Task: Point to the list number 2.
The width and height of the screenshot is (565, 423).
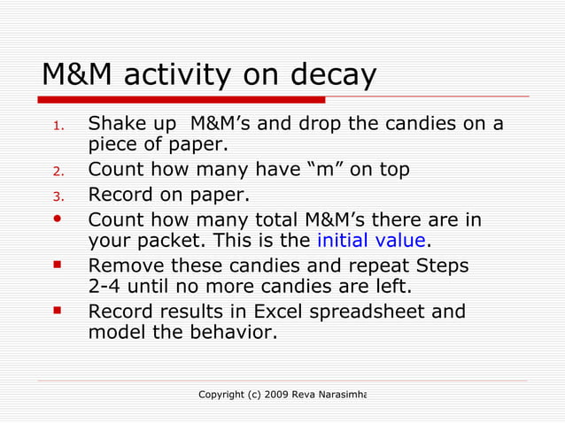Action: [57, 171]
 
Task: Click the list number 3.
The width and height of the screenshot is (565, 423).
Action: [57, 196]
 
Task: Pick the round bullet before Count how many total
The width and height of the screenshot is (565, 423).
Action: [58, 217]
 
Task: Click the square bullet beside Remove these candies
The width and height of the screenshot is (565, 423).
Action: [58, 265]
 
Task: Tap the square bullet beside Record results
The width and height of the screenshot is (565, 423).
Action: [58, 311]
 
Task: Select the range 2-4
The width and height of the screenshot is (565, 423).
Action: [107, 288]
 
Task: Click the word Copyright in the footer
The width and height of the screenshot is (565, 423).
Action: [222, 393]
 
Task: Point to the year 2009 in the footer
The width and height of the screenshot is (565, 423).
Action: [282, 393]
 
